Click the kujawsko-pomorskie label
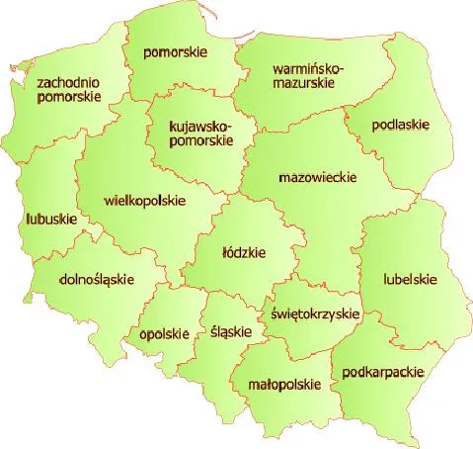[x=199, y=133]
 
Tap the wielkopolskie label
[x=144, y=200]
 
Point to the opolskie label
[x=164, y=333]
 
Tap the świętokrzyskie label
[x=315, y=313]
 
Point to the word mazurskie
[x=306, y=84]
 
